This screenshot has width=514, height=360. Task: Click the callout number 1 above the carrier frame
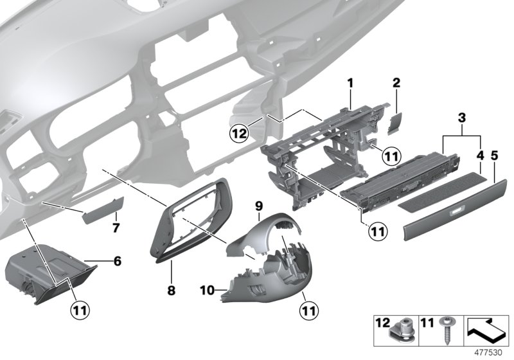click(351, 82)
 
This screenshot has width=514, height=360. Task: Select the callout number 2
click(396, 82)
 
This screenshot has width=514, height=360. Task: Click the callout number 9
click(259, 206)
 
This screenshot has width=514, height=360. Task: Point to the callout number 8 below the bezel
click(171, 291)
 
